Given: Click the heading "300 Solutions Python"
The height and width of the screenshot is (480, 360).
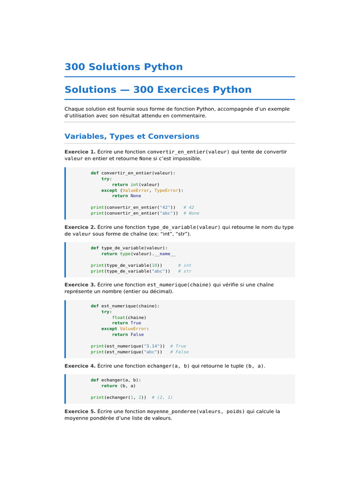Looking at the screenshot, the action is (124, 67).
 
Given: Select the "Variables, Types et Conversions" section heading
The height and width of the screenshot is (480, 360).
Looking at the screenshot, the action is (132, 136).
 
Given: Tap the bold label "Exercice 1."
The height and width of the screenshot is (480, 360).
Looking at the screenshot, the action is (80, 152).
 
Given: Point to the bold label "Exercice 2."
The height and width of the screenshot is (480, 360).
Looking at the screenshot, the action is (80, 227).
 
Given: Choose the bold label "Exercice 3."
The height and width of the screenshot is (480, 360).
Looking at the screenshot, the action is (80, 285).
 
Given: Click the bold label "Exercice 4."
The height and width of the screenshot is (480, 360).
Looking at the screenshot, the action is (80, 366).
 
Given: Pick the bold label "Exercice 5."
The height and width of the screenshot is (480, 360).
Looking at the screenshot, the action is (80, 412).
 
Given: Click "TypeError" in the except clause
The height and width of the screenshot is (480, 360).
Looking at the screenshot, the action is (166, 190).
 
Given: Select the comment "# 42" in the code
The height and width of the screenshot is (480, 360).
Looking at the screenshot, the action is (188, 208).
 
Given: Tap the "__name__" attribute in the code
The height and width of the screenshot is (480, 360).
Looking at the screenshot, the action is (165, 254).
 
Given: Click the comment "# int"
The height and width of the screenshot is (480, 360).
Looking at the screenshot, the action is (185, 265).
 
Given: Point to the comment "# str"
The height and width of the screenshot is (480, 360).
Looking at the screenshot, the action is (185, 271).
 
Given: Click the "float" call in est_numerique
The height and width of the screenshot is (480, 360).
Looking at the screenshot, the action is (119, 317).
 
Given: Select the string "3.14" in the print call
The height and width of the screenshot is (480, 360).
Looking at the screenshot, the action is (151, 346).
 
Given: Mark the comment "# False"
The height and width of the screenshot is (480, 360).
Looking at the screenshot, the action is (180, 352).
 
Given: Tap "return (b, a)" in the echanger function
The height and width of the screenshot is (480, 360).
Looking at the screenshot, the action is (119, 386).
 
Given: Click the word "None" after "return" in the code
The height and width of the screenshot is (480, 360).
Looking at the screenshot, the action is (135, 196).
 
